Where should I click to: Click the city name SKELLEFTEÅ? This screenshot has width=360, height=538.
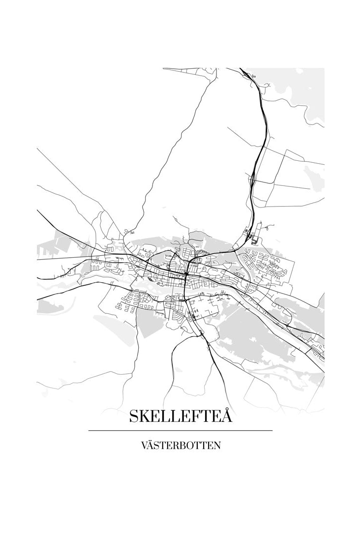click(180, 416)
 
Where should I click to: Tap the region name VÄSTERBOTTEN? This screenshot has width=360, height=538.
click(180, 446)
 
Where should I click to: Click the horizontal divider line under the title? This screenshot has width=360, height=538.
click(180, 430)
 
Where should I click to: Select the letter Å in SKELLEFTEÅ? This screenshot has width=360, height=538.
click(226, 416)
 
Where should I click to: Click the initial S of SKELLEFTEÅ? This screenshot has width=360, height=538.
click(134, 417)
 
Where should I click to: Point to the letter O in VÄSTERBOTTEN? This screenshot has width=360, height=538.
click(190, 446)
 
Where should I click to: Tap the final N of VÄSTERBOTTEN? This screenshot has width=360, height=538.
click(217, 446)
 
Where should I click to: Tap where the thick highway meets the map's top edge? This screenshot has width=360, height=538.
click(240, 69)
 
